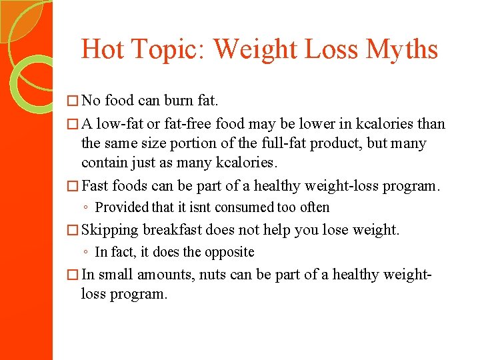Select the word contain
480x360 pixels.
102,161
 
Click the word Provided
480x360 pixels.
123,207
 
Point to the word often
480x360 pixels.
313,207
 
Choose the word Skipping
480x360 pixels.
110,230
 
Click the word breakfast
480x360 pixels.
172,230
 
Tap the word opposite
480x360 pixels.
229,252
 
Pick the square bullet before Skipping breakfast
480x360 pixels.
73,231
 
